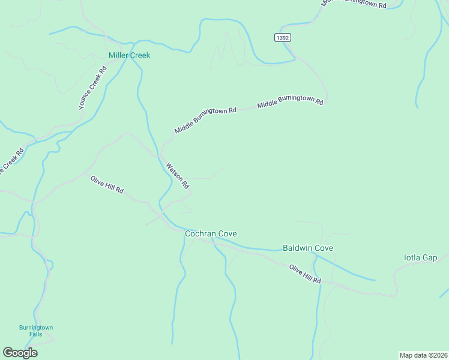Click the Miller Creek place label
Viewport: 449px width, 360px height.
(129, 55)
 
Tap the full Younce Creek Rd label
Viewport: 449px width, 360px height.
(92, 88)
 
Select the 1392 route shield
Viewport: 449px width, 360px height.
(283, 37)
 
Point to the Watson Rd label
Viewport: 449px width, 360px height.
(178, 175)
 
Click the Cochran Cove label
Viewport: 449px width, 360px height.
(211, 233)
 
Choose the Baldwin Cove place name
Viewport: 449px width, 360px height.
(307, 248)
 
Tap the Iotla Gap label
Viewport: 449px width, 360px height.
(421, 258)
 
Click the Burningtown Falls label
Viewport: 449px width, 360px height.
(36, 331)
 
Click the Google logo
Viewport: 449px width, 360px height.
(20, 353)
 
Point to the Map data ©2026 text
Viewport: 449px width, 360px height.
(423, 355)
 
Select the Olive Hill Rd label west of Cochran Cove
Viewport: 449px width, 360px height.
(107, 184)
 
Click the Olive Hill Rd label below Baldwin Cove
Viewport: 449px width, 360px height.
(305, 274)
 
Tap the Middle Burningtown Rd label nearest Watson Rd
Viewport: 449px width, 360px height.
(206, 120)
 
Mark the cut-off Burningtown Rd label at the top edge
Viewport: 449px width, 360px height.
(354, 4)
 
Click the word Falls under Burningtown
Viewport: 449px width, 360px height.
(36, 334)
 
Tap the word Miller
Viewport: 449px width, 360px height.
(119, 55)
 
